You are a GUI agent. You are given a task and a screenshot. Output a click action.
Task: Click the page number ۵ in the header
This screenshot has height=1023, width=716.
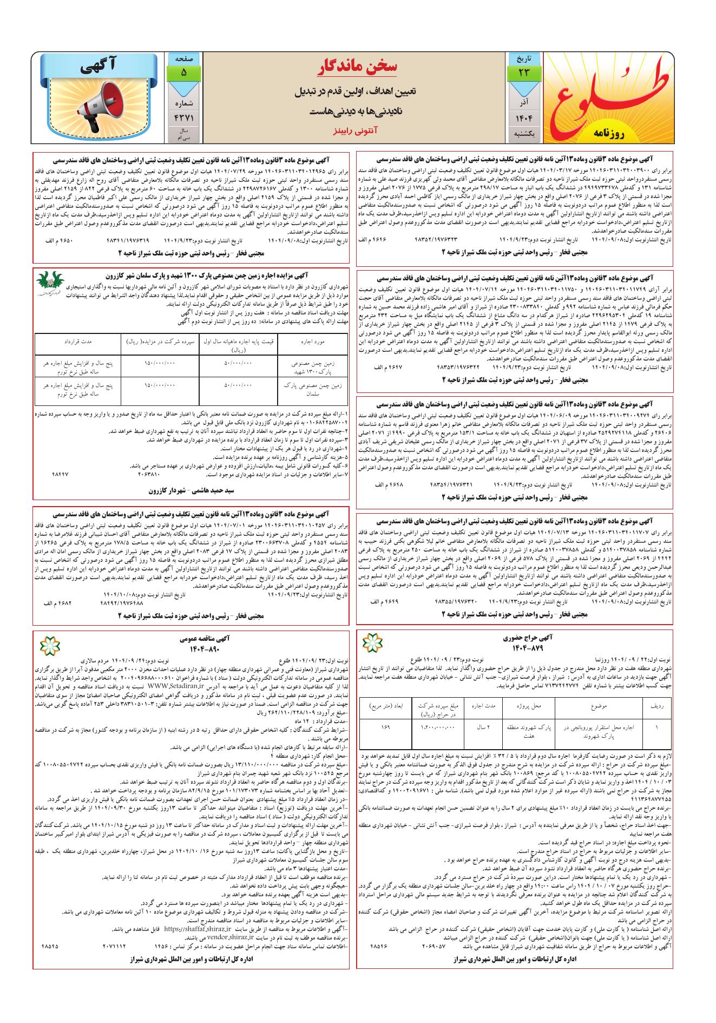pyautogui.click(x=183, y=72)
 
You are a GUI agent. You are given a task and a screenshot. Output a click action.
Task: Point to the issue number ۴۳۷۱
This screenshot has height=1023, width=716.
pyautogui.click(x=183, y=117)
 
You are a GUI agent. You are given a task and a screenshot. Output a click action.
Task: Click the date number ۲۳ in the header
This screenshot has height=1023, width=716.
pyautogui.click(x=522, y=72)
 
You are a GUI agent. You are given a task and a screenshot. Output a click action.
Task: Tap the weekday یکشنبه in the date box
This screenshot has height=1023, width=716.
pyautogui.click(x=522, y=133)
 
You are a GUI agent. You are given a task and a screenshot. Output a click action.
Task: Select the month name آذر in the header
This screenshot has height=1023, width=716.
pyautogui.click(x=522, y=102)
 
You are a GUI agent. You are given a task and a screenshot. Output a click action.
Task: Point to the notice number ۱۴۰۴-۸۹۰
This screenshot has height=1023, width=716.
pyautogui.click(x=191, y=648)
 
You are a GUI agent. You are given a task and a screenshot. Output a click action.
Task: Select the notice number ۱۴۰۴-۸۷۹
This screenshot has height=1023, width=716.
pyautogui.click(x=525, y=648)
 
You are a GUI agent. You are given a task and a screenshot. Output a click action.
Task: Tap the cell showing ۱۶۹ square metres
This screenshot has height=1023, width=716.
pyautogui.click(x=385, y=727)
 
